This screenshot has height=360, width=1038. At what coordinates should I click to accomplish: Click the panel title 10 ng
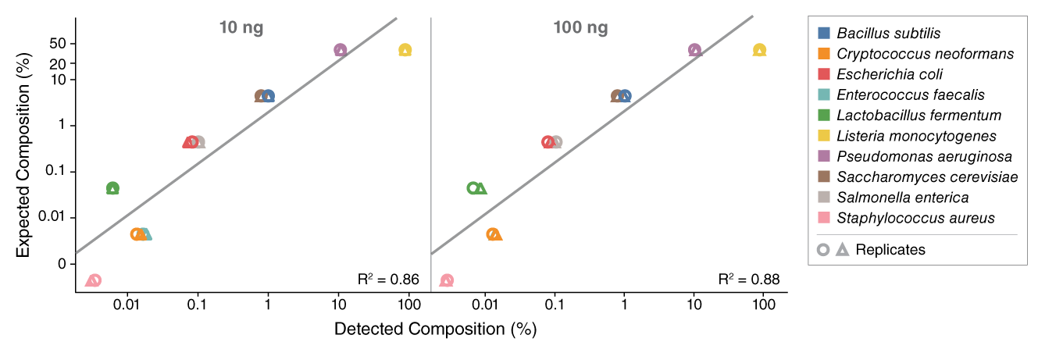tap(241, 28)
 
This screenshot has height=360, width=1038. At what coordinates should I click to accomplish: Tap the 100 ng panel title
tap(580, 28)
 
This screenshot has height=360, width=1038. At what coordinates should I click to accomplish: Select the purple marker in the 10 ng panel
tap(340, 50)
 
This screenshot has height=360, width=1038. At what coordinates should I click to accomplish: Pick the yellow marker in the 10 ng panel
tap(405, 50)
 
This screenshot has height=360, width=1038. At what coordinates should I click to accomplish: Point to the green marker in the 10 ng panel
tap(112, 188)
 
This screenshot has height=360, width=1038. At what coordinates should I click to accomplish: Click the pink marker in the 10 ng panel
tap(94, 280)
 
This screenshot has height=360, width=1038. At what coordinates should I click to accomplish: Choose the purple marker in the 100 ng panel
tap(694, 50)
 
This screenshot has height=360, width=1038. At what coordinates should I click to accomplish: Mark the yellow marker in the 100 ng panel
tap(759, 50)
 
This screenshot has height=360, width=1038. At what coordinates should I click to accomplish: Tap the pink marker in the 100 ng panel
tap(447, 280)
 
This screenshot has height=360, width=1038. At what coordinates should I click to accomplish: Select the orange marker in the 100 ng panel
tap(493, 233)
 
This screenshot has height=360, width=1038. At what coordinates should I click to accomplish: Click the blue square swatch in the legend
tap(824, 34)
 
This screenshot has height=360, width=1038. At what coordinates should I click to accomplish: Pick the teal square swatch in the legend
tap(824, 94)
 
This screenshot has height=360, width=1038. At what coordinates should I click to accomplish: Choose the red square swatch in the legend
tap(824, 74)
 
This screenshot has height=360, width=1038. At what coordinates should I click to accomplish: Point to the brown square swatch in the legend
tap(824, 176)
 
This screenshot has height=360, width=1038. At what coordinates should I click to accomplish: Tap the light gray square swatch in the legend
tap(824, 197)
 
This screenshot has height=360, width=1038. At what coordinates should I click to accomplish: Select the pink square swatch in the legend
tap(824, 217)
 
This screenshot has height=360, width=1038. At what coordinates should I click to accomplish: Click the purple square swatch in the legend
tap(824, 155)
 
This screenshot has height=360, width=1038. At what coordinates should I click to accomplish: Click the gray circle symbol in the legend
tap(823, 250)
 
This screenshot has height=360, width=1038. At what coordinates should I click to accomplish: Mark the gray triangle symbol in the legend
tap(842, 249)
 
